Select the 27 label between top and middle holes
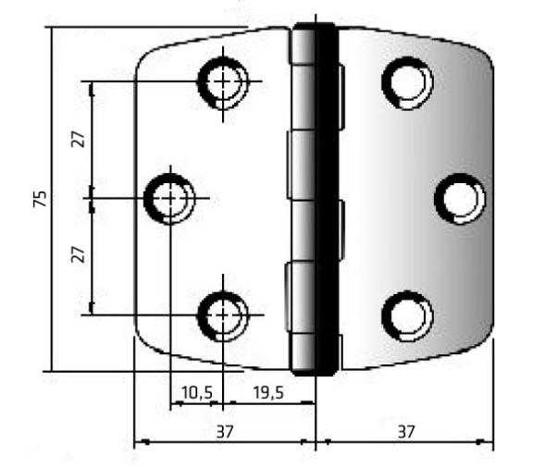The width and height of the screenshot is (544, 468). [x=80, y=139]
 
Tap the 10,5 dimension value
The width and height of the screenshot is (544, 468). [x=196, y=393]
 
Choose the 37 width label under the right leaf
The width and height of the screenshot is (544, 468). [x=403, y=431]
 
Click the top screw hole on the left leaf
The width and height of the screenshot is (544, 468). [x=222, y=81]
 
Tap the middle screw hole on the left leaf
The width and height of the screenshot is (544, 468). [x=171, y=197]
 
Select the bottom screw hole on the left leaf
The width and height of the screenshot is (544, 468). [x=222, y=314]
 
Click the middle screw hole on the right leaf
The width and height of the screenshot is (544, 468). [x=459, y=198]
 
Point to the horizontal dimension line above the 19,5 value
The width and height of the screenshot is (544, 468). [x=268, y=404]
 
